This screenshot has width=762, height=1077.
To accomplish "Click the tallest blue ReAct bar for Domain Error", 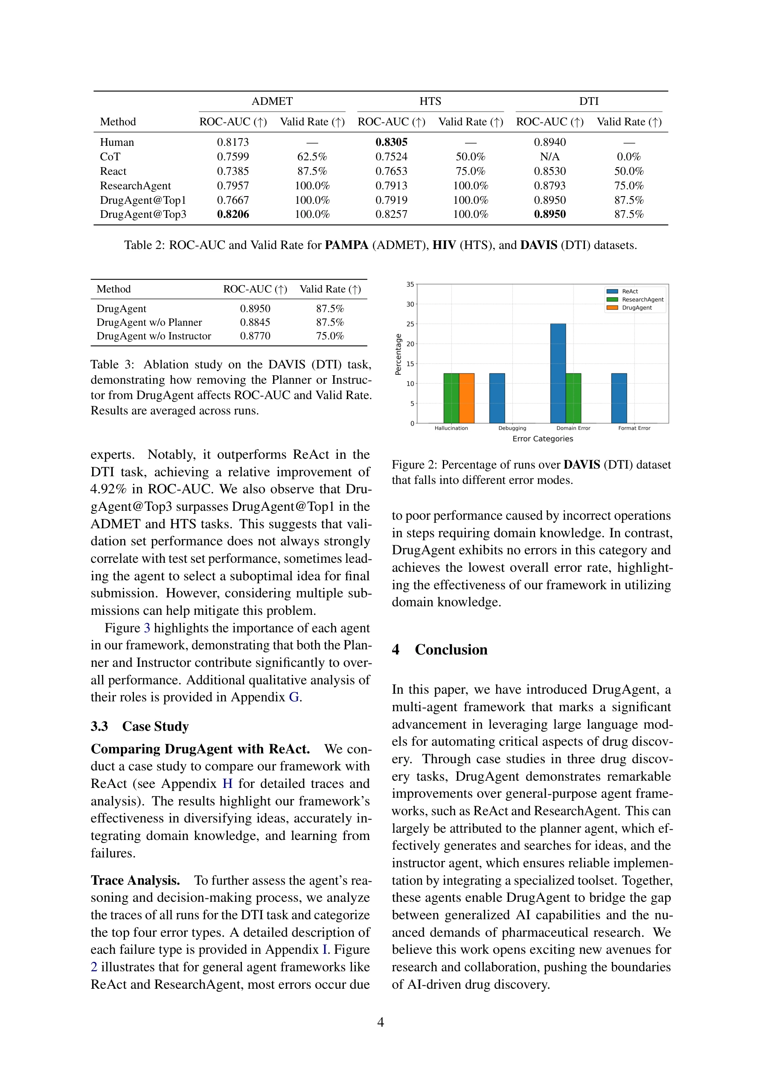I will (x=558, y=373).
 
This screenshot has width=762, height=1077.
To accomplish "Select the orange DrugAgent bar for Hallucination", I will (x=466, y=398).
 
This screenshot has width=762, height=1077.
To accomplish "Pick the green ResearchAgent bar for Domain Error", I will (x=573, y=398).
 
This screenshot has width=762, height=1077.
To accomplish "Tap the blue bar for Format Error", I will (x=619, y=398).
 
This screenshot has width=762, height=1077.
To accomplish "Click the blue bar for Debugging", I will (x=497, y=398).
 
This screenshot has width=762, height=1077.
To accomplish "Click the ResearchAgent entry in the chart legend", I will (x=642, y=299).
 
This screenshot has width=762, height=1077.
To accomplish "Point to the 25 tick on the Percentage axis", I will (x=410, y=324).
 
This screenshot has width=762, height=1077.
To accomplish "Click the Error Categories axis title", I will (x=542, y=439).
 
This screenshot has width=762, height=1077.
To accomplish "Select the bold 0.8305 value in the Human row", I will (x=391, y=142).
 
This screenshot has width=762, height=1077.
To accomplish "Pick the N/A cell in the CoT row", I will (x=550, y=156).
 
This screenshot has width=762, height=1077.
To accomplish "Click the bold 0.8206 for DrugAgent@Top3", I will (x=233, y=214).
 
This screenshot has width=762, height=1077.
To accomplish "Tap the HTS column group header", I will (x=430, y=101).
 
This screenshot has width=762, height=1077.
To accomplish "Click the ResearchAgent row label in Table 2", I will (x=135, y=186).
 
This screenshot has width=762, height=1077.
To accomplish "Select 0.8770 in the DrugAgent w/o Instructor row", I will (x=255, y=336).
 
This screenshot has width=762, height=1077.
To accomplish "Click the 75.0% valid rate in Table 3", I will (x=330, y=336).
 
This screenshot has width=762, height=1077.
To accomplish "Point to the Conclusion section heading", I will (x=451, y=650).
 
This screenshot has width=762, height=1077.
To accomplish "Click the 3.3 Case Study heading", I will (x=140, y=726).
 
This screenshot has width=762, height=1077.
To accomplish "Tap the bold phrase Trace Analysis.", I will (x=135, y=880).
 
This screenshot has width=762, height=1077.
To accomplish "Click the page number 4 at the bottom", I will (x=381, y=1022).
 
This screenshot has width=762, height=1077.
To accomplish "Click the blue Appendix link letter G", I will (x=294, y=697).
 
